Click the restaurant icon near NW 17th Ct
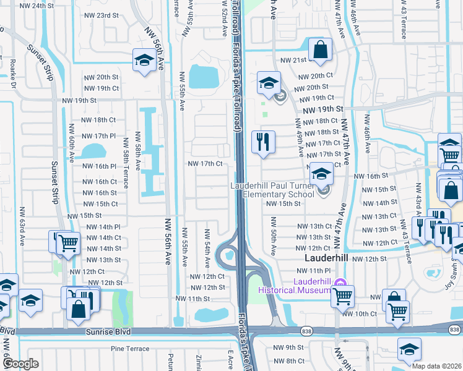[263, 142]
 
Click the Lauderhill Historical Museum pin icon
[339, 283]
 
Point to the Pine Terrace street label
[130, 349]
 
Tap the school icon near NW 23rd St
[144, 60]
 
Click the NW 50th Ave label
[272, 236]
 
